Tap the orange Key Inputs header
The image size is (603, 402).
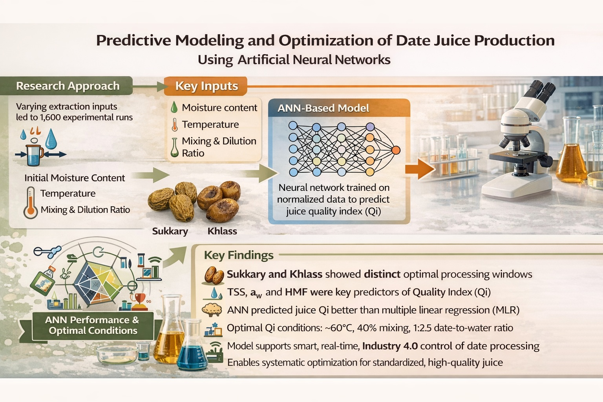[x=206, y=86]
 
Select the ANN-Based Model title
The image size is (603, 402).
[x=323, y=108]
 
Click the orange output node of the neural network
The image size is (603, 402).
[x=396, y=150]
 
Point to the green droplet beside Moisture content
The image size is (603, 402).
[x=174, y=107]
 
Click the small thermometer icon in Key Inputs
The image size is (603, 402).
[x=175, y=124]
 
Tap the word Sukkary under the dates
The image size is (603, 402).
[x=170, y=231]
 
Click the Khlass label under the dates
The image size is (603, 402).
[x=222, y=231]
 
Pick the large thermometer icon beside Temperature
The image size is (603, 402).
[x=30, y=203]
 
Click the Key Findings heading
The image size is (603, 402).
[x=239, y=255]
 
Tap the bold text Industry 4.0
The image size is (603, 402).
[x=390, y=346]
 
